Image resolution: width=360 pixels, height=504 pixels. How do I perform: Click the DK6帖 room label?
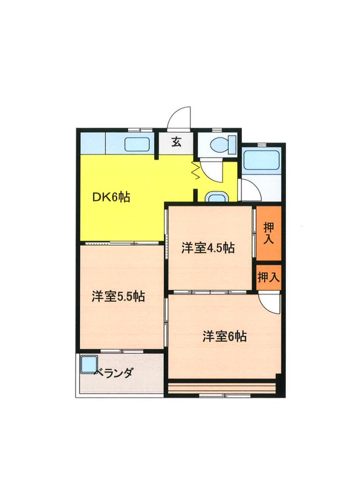click(x=111, y=197)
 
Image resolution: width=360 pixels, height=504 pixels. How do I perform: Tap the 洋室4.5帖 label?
click(x=208, y=248)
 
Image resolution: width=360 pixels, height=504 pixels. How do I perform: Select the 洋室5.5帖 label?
click(x=118, y=296)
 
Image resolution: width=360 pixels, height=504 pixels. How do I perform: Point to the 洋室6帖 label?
click(x=224, y=336)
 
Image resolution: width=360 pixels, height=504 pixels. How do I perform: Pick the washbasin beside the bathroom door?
click(x=216, y=197)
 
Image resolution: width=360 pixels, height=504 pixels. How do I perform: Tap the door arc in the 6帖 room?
click(x=270, y=303)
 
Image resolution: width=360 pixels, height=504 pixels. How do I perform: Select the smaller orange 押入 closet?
click(x=268, y=277)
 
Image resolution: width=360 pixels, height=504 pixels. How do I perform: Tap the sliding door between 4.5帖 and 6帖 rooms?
click(x=210, y=292)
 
